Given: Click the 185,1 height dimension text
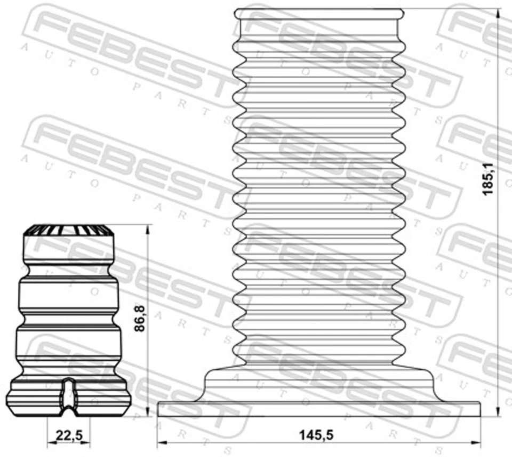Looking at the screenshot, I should [488, 175].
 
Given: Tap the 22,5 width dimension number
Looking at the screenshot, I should [69, 436].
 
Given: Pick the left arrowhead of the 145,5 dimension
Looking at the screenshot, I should [162, 442].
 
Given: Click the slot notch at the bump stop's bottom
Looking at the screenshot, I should [68, 397].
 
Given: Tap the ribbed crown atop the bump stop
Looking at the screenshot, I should [68, 230].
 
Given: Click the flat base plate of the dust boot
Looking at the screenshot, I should [319, 408].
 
